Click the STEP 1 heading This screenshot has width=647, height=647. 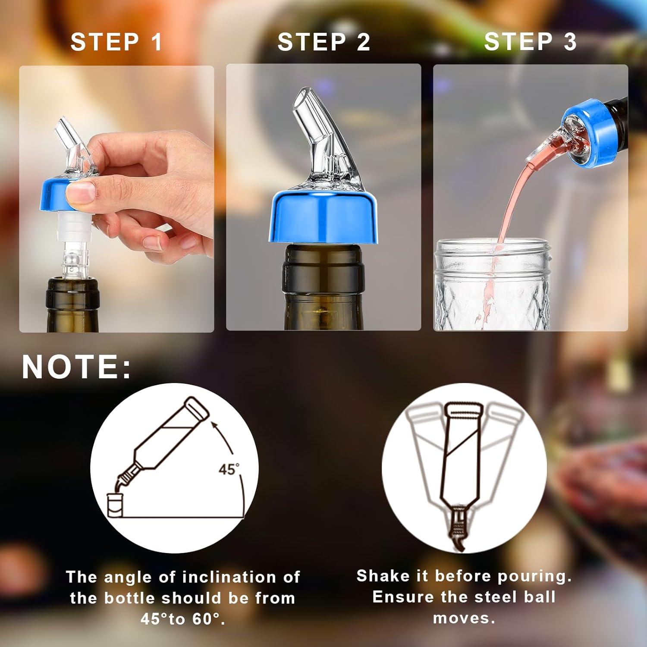(x=116, y=42)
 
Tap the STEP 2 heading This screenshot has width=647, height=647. (x=323, y=42)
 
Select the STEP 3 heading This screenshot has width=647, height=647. (x=530, y=42)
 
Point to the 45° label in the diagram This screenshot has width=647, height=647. (x=229, y=469)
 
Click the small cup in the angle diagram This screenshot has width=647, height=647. (x=114, y=505)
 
